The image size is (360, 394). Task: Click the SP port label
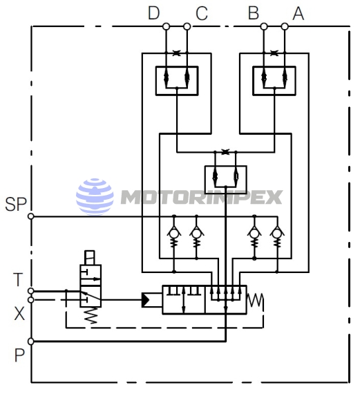(x=15, y=204)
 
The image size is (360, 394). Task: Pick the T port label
(x=19, y=279)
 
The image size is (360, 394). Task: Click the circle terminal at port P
(x=30, y=341)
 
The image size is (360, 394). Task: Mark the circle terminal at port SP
(x=30, y=216)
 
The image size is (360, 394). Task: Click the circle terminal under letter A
(x=285, y=27)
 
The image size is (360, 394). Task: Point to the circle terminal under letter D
(x=166, y=27)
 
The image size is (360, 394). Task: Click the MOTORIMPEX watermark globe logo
(x=95, y=195)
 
